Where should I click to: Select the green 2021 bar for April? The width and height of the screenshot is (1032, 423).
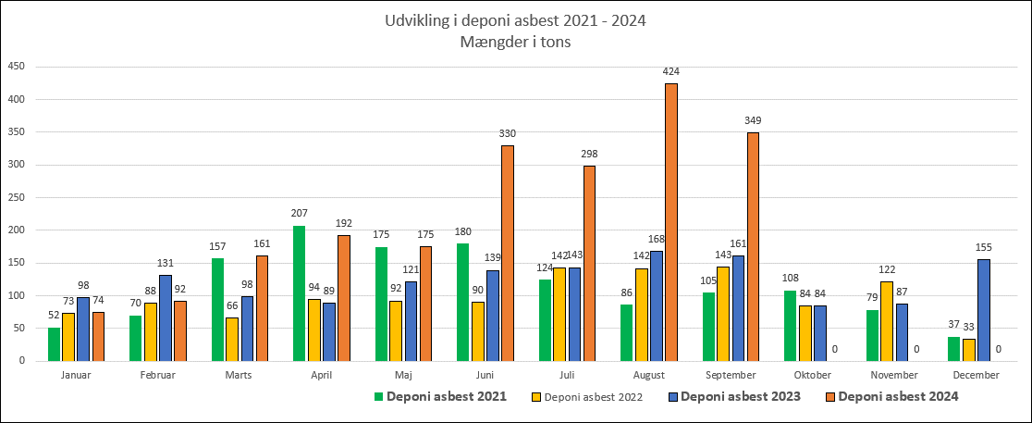tap(299, 293)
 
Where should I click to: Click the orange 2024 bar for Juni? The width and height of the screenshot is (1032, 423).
tap(508, 253)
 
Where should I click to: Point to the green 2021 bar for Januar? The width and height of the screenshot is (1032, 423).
tap(54, 343)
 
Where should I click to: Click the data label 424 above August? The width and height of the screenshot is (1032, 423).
tap(671, 71)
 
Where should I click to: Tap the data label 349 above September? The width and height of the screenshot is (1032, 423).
tap(753, 120)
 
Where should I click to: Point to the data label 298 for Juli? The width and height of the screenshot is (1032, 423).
tap(589, 154)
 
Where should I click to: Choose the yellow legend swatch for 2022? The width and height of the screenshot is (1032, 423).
tap(534, 397)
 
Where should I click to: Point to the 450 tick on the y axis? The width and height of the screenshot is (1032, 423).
tap(16, 67)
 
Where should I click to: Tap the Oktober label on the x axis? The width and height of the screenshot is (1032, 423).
tap(812, 375)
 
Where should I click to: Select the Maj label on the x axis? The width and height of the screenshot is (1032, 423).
tap(402, 375)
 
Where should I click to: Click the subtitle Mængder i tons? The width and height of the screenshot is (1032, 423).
tap(516, 41)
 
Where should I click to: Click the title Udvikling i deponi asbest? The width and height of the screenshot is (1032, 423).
tap(516, 20)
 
